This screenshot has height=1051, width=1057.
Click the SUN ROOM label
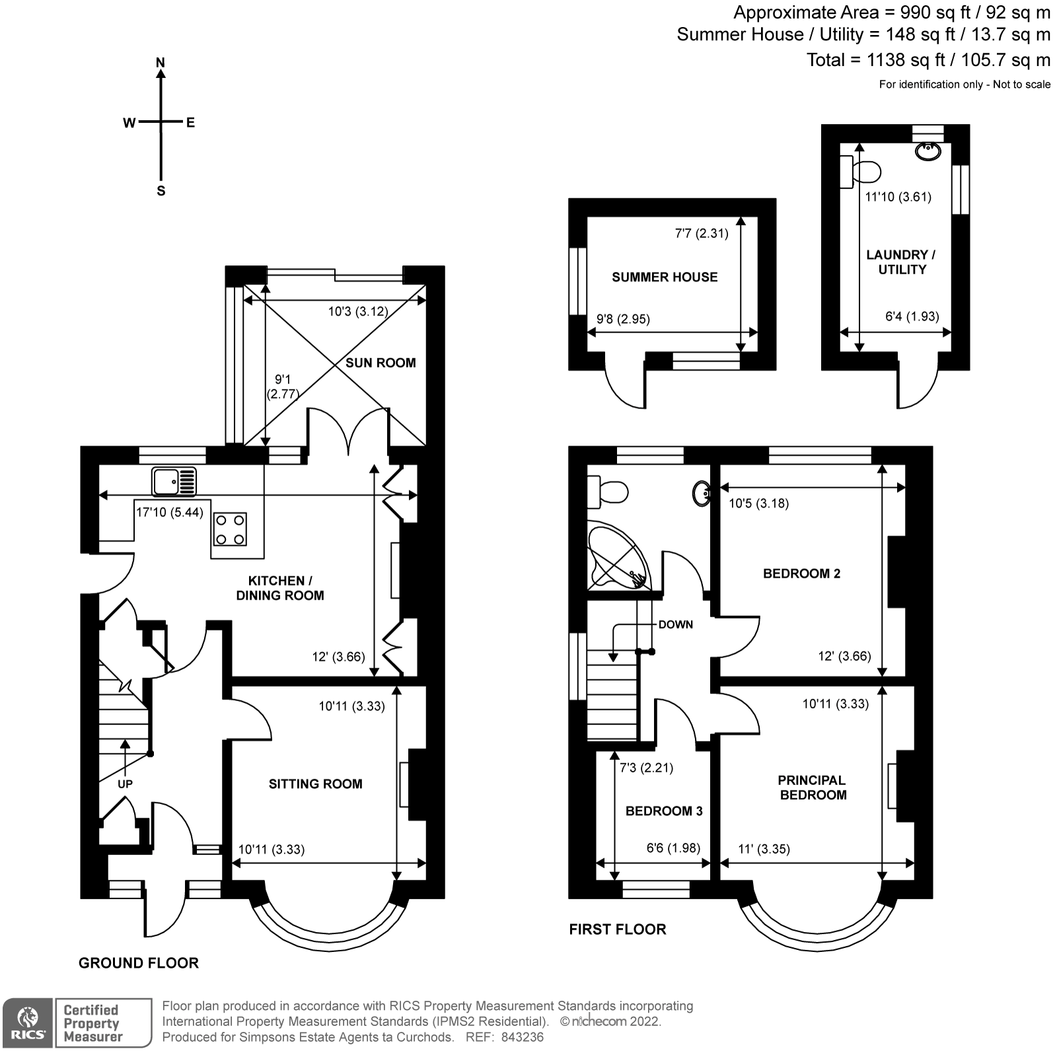coord(381,362)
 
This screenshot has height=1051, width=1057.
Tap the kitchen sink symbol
coord(174,481)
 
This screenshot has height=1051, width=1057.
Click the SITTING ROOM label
coord(315,784)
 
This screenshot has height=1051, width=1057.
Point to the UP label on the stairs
coord(125,784)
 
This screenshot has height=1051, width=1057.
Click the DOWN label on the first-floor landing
coord(675,625)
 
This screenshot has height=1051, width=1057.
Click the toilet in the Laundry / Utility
coord(862,172)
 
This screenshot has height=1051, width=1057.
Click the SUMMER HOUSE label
coord(665,277)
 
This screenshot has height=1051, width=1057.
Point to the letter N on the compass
coord(160,63)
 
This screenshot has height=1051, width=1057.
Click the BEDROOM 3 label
coord(664,811)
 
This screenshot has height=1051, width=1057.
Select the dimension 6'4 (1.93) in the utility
coord(912,316)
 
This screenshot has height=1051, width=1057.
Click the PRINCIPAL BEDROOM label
coord(813,788)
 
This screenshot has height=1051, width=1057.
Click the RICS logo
coord(27,1023)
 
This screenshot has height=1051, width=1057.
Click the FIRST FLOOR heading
coord(617,930)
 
